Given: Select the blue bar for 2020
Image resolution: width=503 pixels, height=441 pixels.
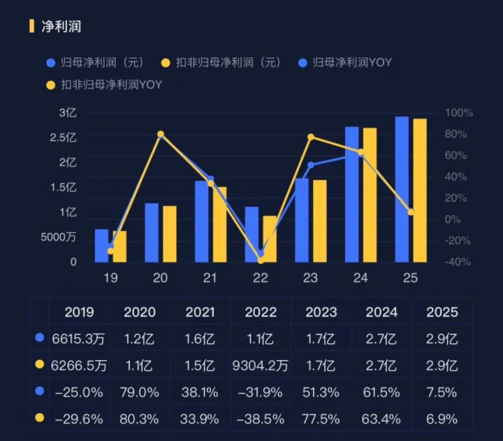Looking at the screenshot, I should click(x=152, y=232).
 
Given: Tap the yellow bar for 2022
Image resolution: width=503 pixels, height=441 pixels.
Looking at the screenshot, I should click(x=269, y=239).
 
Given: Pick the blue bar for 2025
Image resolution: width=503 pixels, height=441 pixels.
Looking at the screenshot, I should click(x=402, y=189).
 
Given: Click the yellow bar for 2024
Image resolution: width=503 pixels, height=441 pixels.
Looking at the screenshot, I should click(x=369, y=195).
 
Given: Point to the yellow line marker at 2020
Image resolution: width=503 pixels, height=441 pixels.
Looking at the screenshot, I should click(x=161, y=134).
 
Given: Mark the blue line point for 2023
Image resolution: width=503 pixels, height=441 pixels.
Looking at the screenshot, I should click(x=311, y=165).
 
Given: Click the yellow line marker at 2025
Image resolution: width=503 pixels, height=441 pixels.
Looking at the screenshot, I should click(x=411, y=212).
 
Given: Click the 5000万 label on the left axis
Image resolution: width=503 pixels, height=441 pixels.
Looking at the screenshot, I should click(x=59, y=237).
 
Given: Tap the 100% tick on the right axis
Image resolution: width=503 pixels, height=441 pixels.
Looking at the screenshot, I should click(x=459, y=112).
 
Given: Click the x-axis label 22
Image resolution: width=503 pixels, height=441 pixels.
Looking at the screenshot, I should click(x=260, y=278).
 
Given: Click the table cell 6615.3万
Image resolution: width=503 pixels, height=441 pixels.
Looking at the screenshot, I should click(x=78, y=339).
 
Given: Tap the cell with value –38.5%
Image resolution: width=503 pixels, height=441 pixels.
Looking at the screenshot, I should click(x=261, y=419).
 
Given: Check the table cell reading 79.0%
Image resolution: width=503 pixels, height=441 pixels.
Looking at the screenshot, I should click(x=139, y=393).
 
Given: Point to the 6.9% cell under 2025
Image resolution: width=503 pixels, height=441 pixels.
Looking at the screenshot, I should click(x=442, y=419).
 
